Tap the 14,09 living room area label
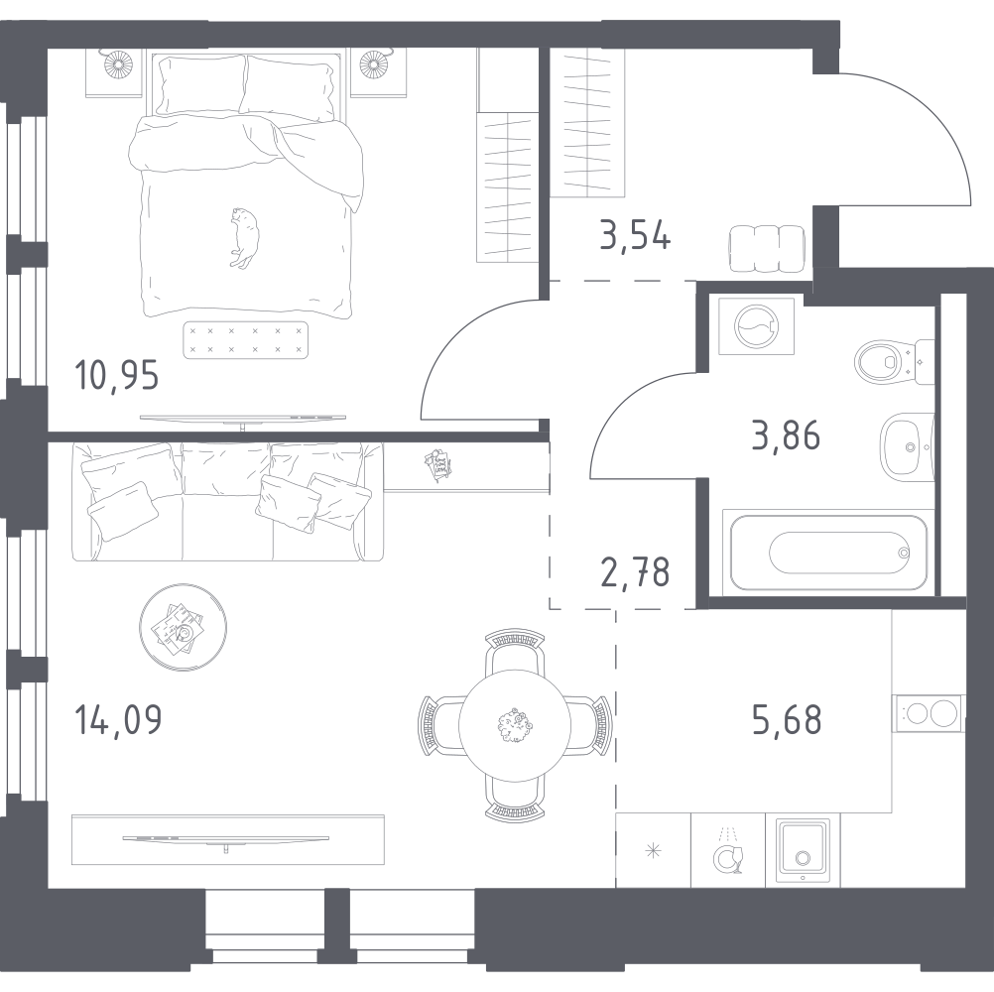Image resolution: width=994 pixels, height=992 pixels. click(x=118, y=718)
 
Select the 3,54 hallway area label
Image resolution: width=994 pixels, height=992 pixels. click(x=635, y=238)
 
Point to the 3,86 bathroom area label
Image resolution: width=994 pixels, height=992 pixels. click(x=786, y=435)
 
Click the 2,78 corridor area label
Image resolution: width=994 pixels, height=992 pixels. click(x=634, y=572)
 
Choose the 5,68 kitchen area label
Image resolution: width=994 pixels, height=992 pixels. click(x=787, y=719)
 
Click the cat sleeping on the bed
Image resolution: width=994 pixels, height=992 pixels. click(x=241, y=236)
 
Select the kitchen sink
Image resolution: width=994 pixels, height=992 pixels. click(x=803, y=849)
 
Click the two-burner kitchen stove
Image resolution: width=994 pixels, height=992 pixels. click(x=928, y=713)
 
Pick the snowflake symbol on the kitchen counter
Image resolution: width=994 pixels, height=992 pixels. click(x=653, y=850)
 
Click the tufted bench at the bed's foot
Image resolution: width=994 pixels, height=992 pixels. click(x=246, y=339)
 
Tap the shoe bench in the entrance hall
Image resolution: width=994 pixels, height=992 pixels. click(x=766, y=248)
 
